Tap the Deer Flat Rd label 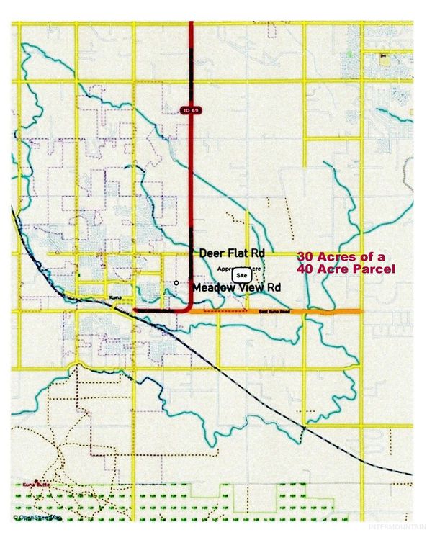(232, 253)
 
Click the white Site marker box (241, 275)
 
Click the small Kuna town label (115, 297)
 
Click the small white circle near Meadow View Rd (176, 283)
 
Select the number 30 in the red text (305, 256)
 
